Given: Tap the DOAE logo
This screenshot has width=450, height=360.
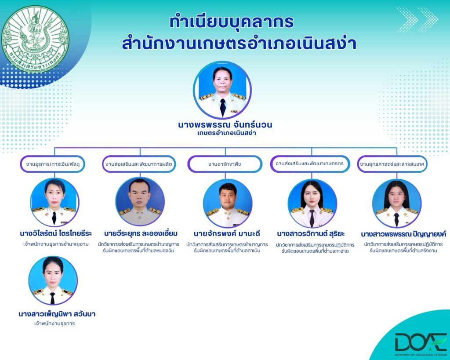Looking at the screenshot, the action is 421,344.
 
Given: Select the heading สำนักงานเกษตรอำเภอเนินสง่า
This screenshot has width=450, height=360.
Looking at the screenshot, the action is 239,44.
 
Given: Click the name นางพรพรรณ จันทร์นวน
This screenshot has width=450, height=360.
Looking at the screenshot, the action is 225,125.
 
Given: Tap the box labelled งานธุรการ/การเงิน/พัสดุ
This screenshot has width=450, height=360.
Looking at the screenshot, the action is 53,164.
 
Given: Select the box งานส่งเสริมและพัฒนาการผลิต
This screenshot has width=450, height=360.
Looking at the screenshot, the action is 139,164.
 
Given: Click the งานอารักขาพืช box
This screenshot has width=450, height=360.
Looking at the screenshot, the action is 225,164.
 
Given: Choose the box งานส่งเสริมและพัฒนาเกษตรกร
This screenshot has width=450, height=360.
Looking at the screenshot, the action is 310,164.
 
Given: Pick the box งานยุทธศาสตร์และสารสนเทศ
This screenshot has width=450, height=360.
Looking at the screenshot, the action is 392,164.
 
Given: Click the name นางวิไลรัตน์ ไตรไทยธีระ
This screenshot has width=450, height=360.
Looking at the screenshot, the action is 56,233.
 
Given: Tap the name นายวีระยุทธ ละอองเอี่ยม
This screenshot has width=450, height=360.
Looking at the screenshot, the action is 141,233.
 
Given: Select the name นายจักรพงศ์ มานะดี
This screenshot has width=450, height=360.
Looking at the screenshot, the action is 227,233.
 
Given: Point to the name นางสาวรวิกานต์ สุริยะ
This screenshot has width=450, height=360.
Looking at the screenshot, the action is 311,234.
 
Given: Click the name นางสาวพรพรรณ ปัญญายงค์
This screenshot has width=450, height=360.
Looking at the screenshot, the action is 403,234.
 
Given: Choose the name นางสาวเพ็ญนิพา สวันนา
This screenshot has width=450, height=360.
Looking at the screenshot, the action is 57,314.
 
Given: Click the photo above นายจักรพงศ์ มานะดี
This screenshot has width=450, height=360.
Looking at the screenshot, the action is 228,203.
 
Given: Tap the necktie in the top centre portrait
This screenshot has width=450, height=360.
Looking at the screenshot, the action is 223,107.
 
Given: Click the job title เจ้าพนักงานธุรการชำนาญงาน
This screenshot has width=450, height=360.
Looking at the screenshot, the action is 56,244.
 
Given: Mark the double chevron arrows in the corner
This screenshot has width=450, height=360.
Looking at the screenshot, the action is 417,20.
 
